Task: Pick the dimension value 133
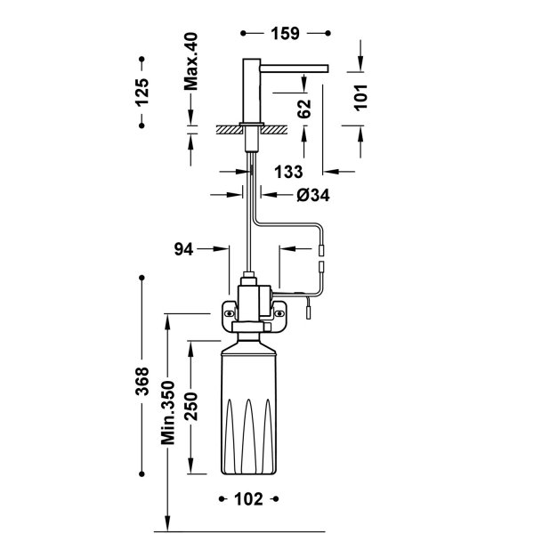[289, 171]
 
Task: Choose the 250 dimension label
[190, 407]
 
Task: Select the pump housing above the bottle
[253, 298]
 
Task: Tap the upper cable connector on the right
[321, 252]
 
